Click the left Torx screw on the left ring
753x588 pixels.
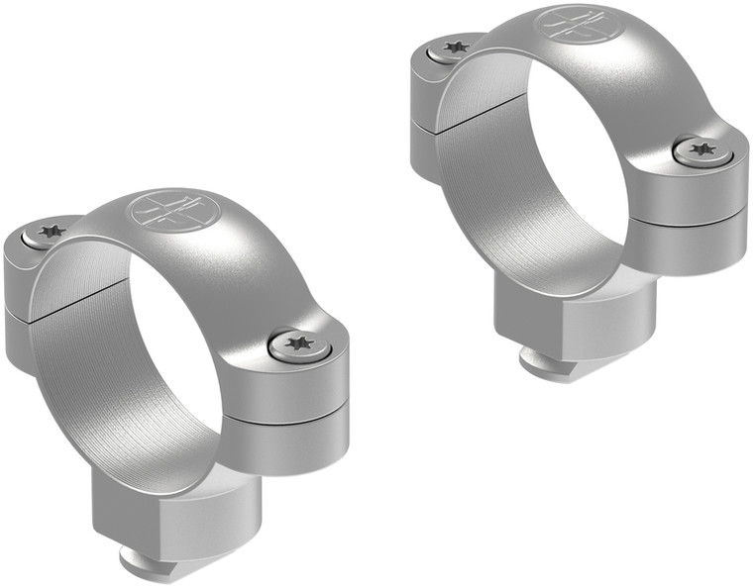46,233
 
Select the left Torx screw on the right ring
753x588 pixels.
455,47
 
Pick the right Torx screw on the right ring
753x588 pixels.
703,149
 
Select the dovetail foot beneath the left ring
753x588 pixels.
159,562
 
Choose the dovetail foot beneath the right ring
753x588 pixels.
550,368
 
